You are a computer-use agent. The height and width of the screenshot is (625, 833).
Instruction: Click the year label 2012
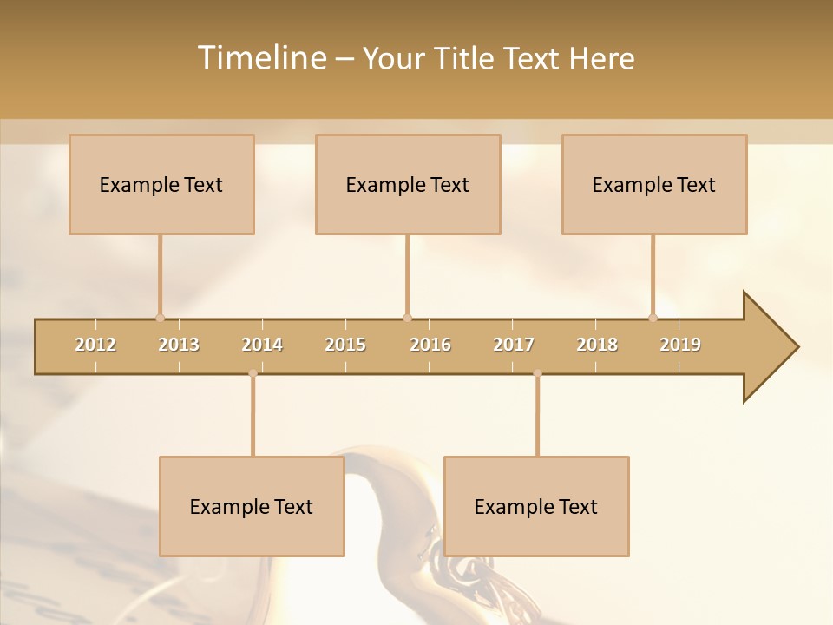coord(95,345)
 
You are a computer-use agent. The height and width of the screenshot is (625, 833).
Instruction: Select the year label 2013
coord(179,345)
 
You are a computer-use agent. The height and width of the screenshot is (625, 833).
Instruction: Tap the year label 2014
coord(262,345)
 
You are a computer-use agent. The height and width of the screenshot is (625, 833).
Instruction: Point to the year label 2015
coord(345,345)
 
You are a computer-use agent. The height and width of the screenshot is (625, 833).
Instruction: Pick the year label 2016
coord(430,345)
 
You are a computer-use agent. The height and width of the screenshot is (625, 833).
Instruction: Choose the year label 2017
coord(514,345)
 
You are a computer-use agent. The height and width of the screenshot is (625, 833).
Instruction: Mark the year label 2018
coord(597,345)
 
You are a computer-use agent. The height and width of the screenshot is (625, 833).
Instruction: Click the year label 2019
coord(680,345)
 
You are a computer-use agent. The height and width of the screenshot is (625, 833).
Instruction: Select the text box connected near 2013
coord(161,184)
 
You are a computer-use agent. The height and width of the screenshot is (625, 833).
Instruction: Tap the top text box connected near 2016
coord(408,184)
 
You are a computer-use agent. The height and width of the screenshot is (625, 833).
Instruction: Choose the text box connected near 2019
coord(654,184)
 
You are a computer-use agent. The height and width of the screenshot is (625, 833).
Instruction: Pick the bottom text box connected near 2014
coord(252,506)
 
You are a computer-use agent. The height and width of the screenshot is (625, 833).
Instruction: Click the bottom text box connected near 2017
coord(536,506)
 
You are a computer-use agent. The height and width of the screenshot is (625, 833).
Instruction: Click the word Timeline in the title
coord(260,58)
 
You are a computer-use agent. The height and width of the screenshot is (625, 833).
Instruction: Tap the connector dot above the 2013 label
coord(161,318)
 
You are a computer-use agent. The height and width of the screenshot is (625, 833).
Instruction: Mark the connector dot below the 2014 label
coord(253,374)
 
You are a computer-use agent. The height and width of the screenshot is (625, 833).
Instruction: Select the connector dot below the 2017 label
coord(537,374)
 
